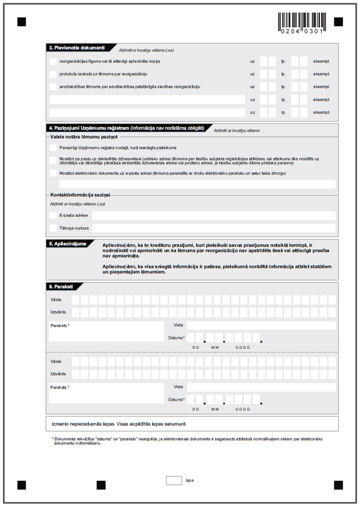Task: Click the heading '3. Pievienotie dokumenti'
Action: coord(77,47)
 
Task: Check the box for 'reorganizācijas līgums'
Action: coord(53,61)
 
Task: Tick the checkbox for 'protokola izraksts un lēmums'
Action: coord(53,74)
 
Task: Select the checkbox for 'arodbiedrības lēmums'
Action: coord(53,87)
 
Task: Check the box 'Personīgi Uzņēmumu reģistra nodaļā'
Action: coord(53,148)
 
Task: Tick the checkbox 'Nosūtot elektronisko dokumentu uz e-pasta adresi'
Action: coord(53,173)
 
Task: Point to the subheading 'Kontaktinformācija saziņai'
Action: coord(80,195)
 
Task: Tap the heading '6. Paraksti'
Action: coord(62,285)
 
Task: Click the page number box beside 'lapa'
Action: coord(174,480)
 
